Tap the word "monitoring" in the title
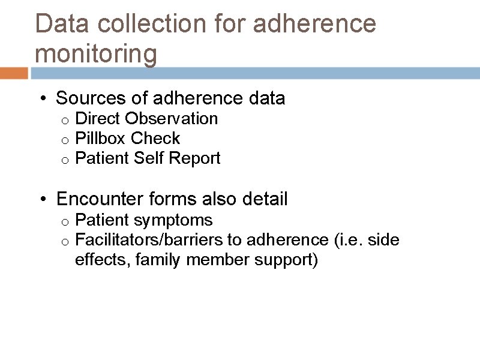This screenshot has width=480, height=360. pyautogui.click(x=96, y=54)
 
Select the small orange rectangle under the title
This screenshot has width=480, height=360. pyautogui.click(x=14, y=73)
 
